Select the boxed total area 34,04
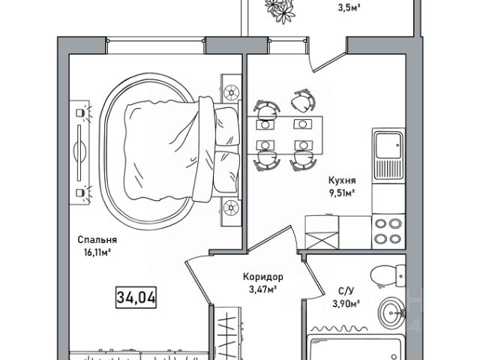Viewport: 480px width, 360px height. [136, 297]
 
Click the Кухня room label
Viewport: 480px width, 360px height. [340, 180]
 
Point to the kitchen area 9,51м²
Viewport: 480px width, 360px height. [340, 193]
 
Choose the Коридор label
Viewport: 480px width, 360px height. [262, 276]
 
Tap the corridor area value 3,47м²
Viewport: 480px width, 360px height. [262, 289]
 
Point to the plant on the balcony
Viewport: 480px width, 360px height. [284, 10]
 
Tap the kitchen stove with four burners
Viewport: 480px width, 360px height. [388, 230]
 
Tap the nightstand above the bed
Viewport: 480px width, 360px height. [229, 90]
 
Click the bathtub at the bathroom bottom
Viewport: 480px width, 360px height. [355, 349]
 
